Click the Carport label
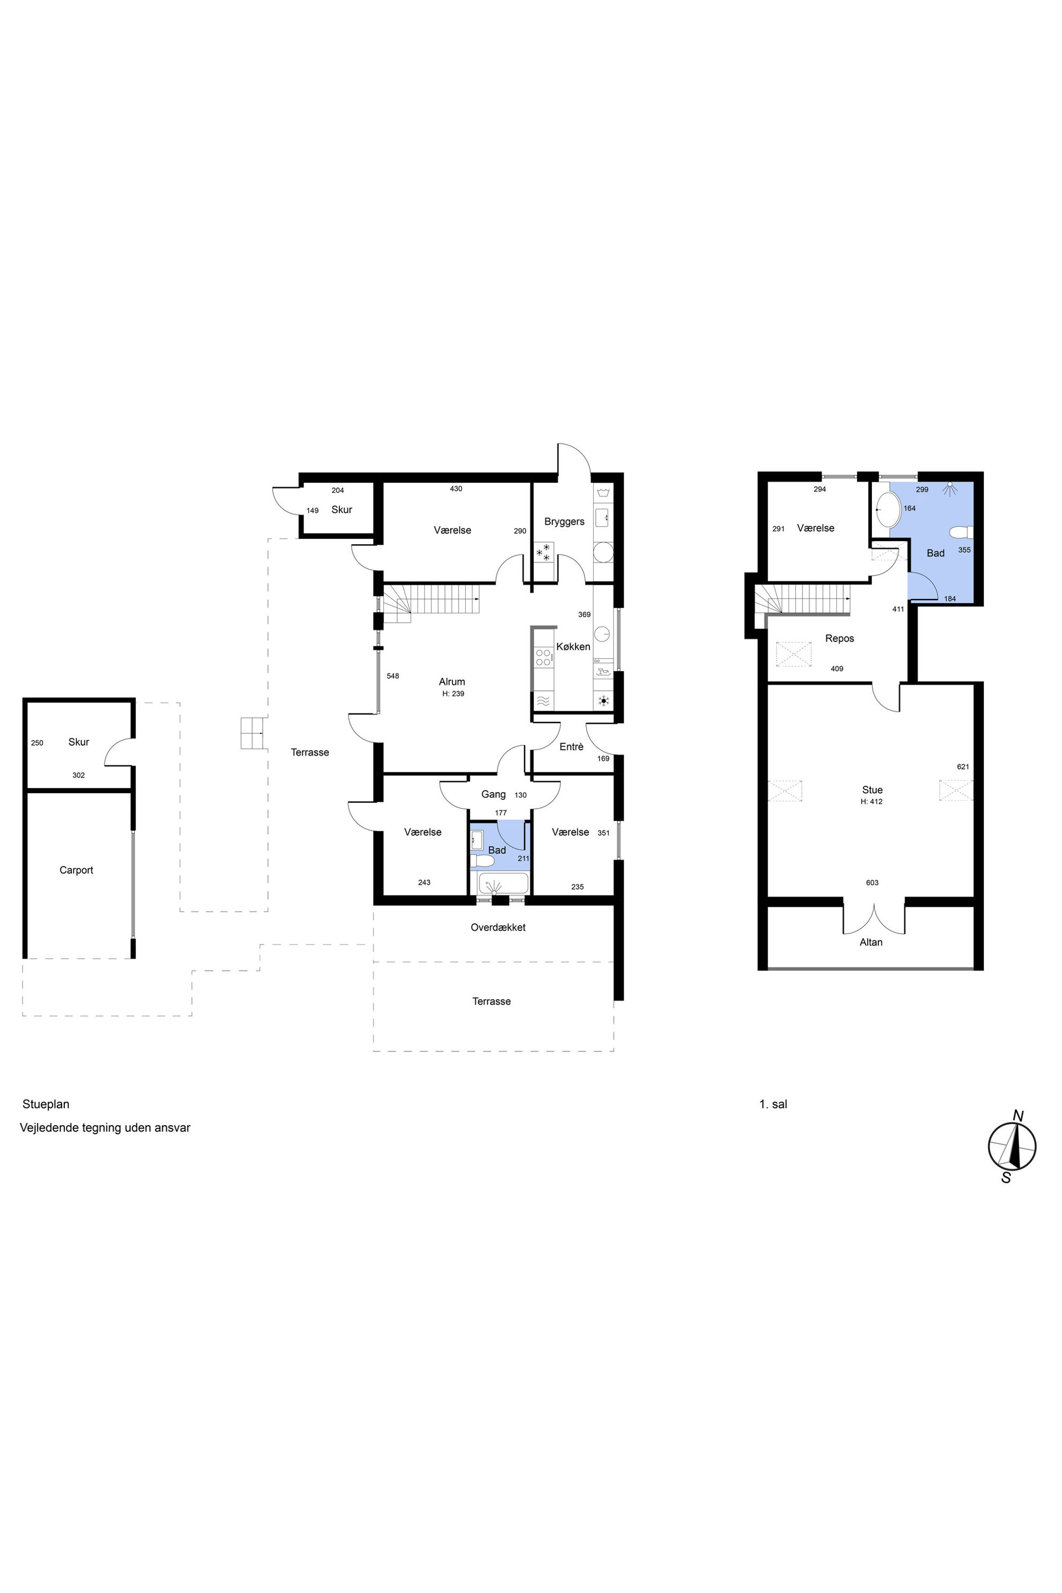(76, 870)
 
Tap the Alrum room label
(452, 682)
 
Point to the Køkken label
(573, 647)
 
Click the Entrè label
(571, 746)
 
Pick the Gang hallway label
(493, 794)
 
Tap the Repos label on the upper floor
(839, 639)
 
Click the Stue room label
(873, 790)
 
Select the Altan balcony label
(871, 942)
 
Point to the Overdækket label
(498, 927)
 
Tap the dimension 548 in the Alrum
(393, 676)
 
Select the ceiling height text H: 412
(871, 802)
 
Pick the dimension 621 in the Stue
(962, 767)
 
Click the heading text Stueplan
(46, 1104)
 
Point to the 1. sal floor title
(773, 1104)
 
